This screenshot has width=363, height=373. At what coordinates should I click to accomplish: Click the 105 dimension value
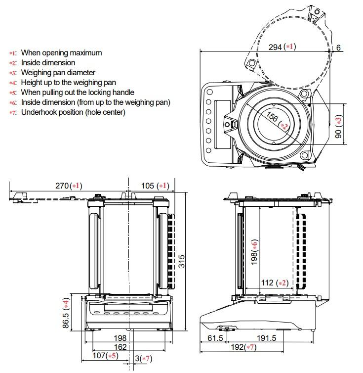click(x=149, y=186)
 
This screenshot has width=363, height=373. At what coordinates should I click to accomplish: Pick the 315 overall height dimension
click(x=182, y=261)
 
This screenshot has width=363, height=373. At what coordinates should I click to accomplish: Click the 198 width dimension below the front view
click(x=120, y=338)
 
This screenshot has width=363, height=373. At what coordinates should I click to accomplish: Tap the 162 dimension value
click(x=120, y=347)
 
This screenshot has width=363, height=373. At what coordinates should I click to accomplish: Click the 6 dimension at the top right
click(x=338, y=48)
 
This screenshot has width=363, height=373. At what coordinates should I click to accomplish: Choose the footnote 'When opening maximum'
click(x=61, y=53)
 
